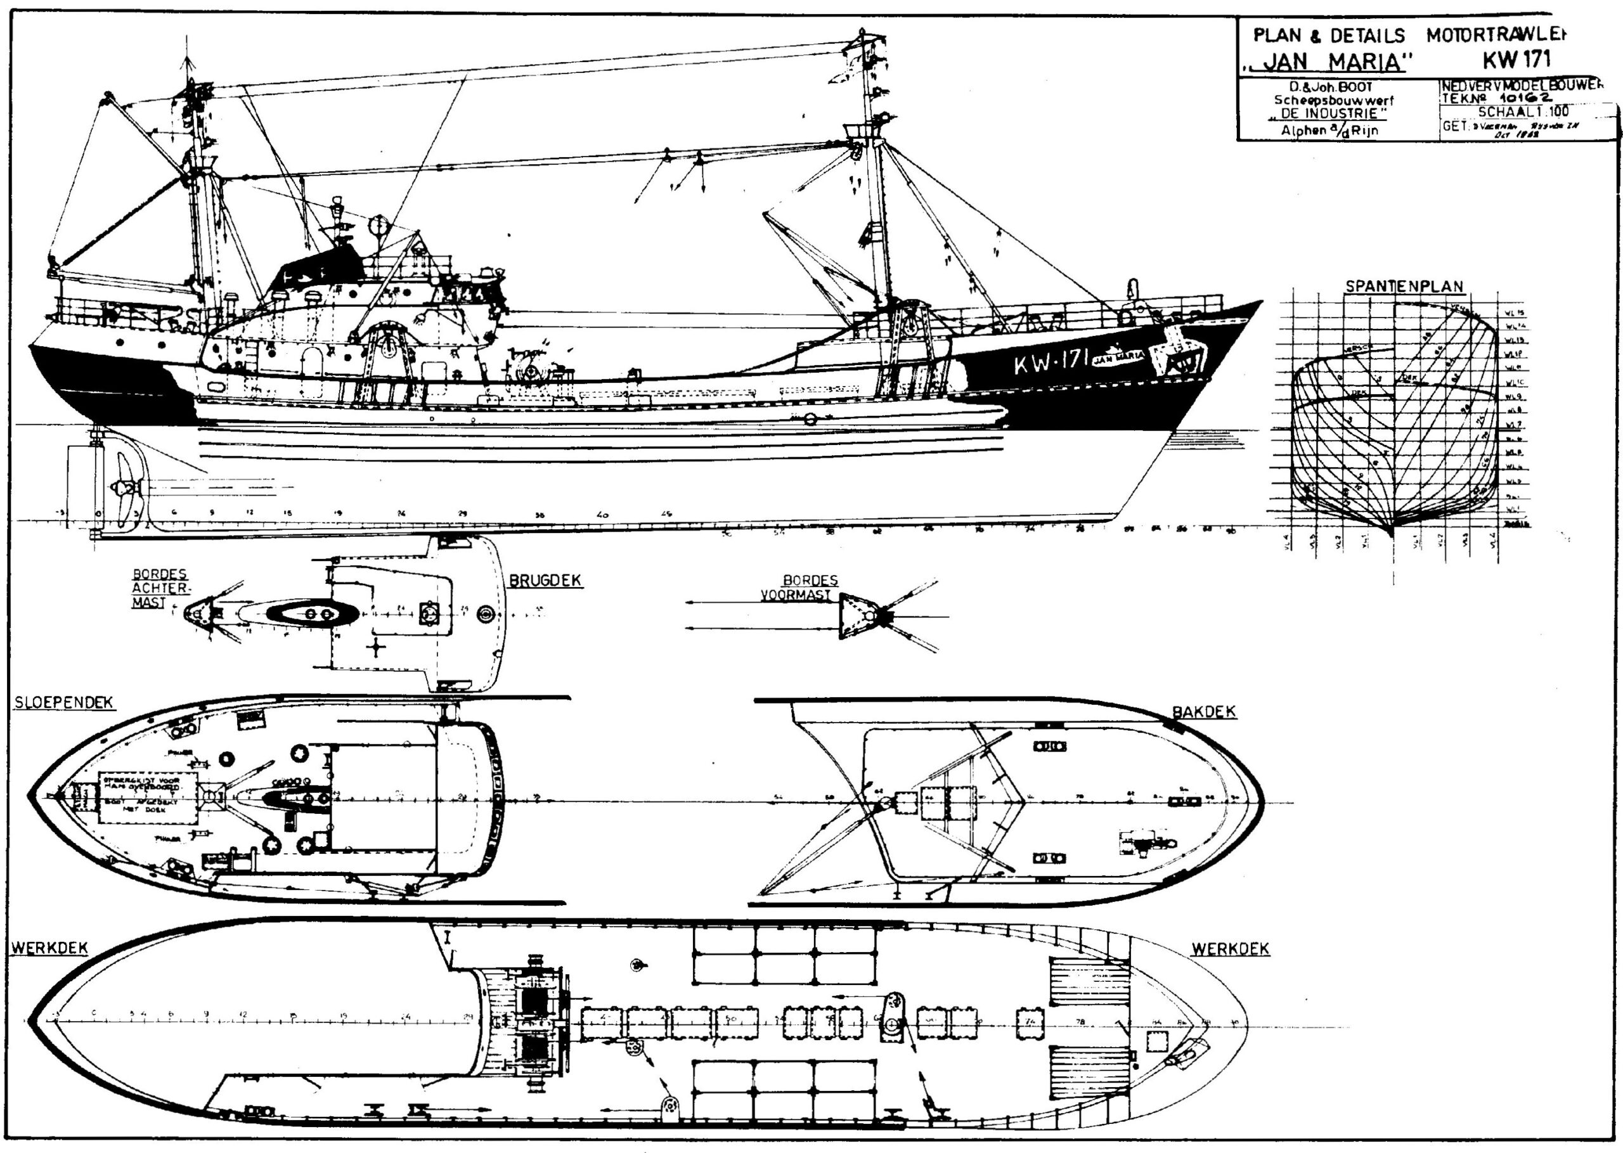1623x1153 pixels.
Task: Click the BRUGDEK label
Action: tap(545, 581)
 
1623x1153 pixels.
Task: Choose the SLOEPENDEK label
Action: tap(64, 702)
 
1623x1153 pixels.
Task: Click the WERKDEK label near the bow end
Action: tap(1230, 950)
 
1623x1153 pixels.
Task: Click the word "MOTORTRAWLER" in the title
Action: tap(1485, 34)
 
